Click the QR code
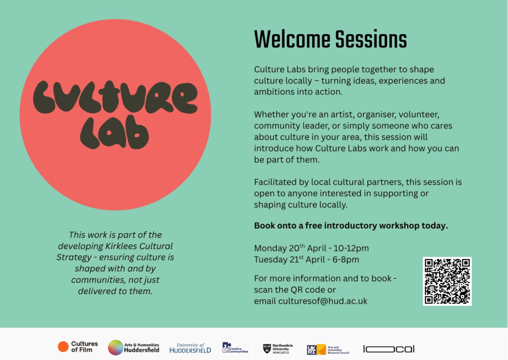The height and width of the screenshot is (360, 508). pyautogui.click(x=447, y=281)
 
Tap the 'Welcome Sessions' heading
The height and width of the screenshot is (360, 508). pyautogui.click(x=330, y=40)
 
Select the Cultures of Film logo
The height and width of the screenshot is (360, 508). pyautogui.click(x=78, y=347)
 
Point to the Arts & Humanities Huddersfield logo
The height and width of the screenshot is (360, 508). pyautogui.click(x=133, y=348)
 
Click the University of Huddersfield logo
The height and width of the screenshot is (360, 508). pyautogui.click(x=190, y=348)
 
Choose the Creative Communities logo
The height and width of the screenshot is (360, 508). pyautogui.click(x=235, y=348)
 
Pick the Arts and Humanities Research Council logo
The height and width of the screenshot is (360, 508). pyautogui.click(x=328, y=349)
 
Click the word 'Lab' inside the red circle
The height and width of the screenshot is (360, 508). pyautogui.click(x=114, y=132)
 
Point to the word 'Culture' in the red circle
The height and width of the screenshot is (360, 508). pyautogui.click(x=115, y=97)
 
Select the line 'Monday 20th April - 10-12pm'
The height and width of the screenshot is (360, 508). pyautogui.click(x=311, y=248)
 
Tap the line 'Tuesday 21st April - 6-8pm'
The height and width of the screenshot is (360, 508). pyautogui.click(x=306, y=259)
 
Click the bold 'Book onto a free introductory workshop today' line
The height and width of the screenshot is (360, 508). pyautogui.click(x=351, y=226)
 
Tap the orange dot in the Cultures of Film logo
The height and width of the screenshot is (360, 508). pyautogui.click(x=63, y=347)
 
